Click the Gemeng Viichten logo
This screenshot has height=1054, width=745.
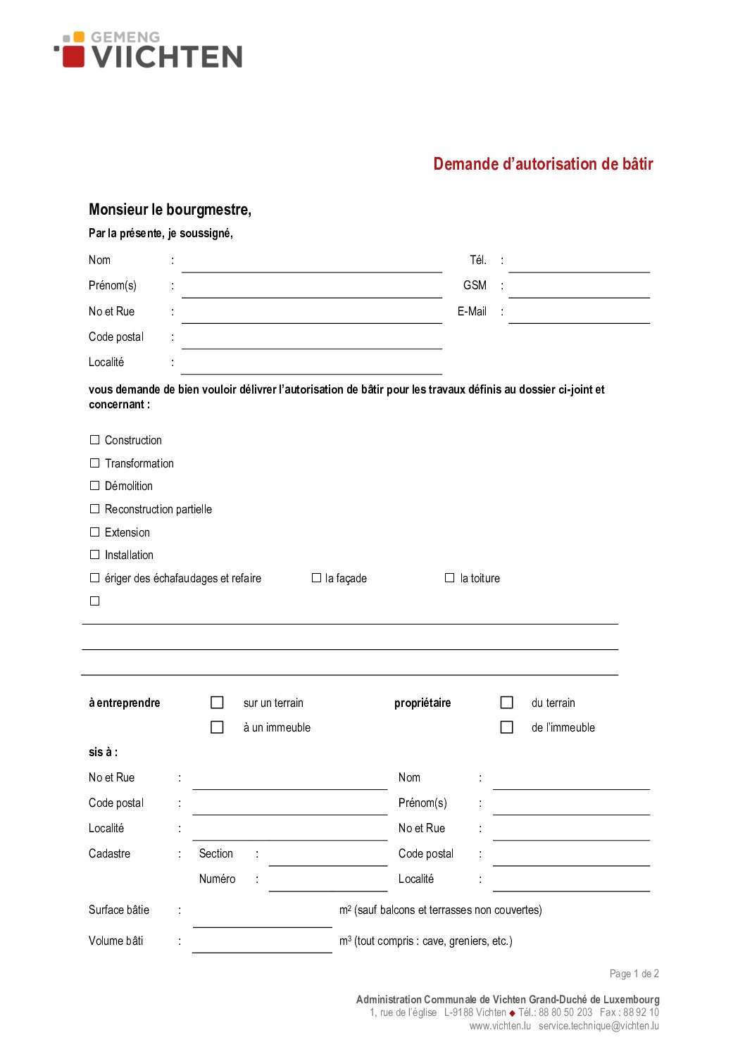pyautogui.click(x=149, y=50)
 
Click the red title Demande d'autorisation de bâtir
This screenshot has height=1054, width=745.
pyautogui.click(x=543, y=164)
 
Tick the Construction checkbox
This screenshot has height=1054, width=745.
pyautogui.click(x=95, y=440)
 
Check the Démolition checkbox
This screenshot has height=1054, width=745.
pyautogui.click(x=95, y=486)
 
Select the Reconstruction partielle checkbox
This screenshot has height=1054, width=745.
pyautogui.click(x=95, y=509)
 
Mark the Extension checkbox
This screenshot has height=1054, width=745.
pyautogui.click(x=95, y=532)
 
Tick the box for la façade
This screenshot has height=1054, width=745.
pyautogui.click(x=316, y=578)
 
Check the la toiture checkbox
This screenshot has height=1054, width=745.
pyautogui.click(x=449, y=578)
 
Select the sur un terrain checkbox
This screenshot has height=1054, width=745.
pyautogui.click(x=217, y=703)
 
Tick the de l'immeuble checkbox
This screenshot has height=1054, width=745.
pyautogui.click(x=506, y=727)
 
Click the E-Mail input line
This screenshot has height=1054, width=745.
pyautogui.click(x=579, y=316)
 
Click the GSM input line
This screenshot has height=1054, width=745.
pyautogui.click(x=579, y=290)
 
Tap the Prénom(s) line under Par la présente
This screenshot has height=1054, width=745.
pyautogui.click(x=311, y=290)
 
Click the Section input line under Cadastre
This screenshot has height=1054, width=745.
pyautogui.click(x=327, y=858)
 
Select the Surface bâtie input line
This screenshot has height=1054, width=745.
pyautogui.click(x=262, y=920)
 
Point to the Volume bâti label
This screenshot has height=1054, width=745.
pyautogui.click(x=116, y=941)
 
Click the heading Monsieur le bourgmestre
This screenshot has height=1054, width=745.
pyautogui.click(x=170, y=210)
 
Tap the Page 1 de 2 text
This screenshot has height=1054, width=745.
pyautogui.click(x=634, y=974)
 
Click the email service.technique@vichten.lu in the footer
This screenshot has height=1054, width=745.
pyautogui.click(x=599, y=1026)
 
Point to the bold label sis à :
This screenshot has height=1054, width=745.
pyautogui.click(x=103, y=752)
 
